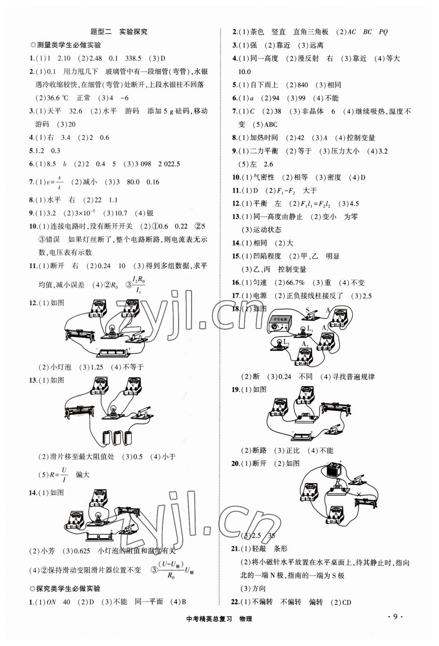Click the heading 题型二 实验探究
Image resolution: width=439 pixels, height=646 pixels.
click(x=119, y=32)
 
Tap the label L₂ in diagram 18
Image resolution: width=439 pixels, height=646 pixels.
click(x=286, y=342)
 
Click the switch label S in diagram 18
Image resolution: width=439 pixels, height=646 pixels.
click(x=308, y=310)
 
